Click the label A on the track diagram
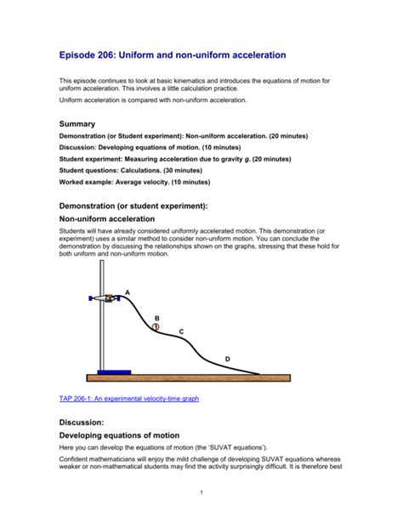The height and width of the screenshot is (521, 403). click(x=128, y=292)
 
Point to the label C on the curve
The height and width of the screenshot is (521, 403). click(x=180, y=331)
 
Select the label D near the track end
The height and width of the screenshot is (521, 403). click(x=227, y=360)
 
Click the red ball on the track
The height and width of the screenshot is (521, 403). click(x=156, y=326)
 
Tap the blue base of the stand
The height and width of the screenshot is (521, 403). click(x=114, y=371)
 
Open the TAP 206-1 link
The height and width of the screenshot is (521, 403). click(x=128, y=398)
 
